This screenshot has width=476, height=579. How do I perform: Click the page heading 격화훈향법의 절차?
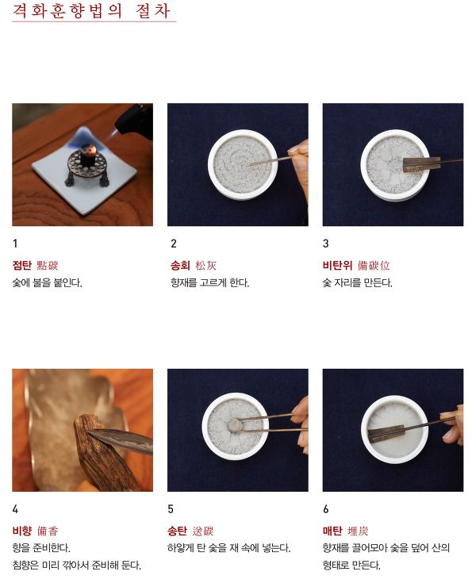coord(91,10)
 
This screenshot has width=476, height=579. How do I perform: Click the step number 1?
coord(15,243)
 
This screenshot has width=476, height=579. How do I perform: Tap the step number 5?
coord(171,509)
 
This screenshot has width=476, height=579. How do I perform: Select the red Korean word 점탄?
coord(21,265)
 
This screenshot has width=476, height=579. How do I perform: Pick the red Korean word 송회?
coord(180,265)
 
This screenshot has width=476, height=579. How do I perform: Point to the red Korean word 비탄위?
coord(337,265)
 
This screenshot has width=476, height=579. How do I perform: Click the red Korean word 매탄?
coord(332,531)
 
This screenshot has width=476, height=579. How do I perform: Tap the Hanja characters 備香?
coord(48,531)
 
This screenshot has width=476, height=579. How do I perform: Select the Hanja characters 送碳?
coord(203,531)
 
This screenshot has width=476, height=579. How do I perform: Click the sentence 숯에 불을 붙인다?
coord(48,283)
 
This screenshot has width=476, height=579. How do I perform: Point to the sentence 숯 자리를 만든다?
coord(358,283)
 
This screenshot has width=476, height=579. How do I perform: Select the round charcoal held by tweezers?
coord(235,425)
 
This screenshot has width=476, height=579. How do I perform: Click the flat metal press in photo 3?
coord(421,164)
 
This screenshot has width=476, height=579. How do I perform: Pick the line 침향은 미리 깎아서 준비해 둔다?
coord(77,565)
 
